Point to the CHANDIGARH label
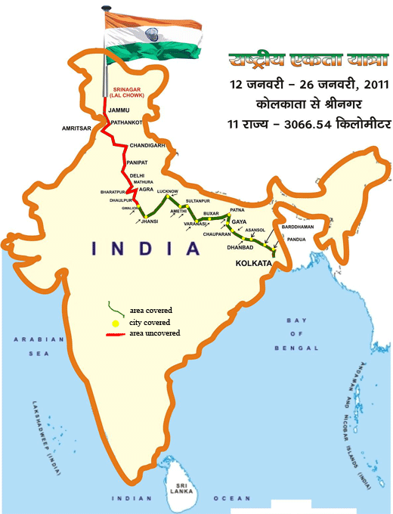pos(147,144)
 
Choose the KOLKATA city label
pos(253,264)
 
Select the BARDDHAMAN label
pos(296,227)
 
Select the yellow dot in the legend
pos(116,324)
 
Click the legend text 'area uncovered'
pos(151,333)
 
